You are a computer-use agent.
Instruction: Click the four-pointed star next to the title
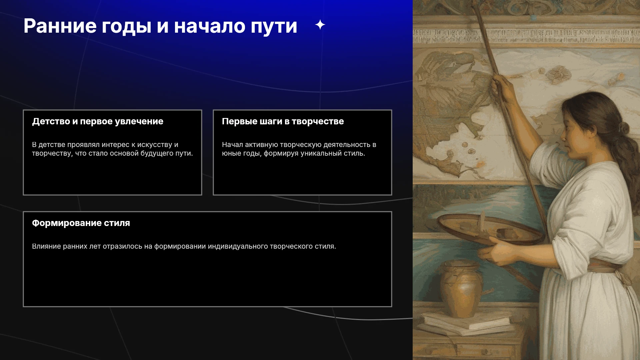point(320,25)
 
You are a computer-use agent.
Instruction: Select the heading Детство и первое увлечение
point(98,121)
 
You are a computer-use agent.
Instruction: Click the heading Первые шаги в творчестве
point(283,121)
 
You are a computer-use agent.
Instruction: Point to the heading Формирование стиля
point(81,223)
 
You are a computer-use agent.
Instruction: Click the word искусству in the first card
point(155,145)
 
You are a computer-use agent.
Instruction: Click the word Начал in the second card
point(232,145)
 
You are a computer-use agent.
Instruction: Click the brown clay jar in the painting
point(461,289)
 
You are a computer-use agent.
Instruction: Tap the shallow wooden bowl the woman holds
point(490,229)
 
